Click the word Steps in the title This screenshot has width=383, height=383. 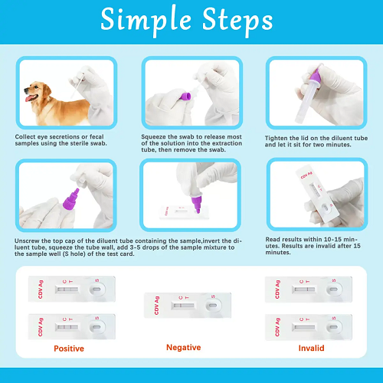(237, 21)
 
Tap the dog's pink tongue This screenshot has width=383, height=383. (29, 98)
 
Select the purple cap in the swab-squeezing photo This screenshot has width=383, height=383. (185, 97)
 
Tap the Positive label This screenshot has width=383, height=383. (69, 349)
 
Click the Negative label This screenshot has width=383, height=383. (183, 347)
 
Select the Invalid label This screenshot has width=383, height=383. (311, 348)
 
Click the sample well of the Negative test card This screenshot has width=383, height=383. (213, 306)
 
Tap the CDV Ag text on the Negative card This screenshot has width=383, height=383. (156, 306)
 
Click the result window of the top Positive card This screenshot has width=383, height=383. (67, 290)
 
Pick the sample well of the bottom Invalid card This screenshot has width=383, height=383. (333, 327)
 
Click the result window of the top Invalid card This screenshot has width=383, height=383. (304, 290)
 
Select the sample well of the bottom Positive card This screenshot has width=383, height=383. (97, 327)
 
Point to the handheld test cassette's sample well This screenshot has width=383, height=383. (326, 208)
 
